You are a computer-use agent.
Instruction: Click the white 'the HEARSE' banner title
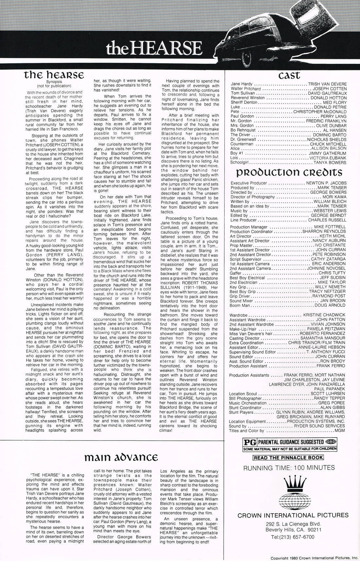154,48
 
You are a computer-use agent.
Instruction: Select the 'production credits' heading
289,172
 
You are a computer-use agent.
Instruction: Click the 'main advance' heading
121,457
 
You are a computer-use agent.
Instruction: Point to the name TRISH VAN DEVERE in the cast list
327,84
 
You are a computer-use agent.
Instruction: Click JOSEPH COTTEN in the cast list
330,89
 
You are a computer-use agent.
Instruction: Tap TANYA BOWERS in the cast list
330,162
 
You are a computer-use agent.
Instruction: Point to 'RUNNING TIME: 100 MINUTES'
289,468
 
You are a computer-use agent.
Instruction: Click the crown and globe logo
289,492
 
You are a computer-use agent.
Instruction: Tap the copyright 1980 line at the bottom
314,558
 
